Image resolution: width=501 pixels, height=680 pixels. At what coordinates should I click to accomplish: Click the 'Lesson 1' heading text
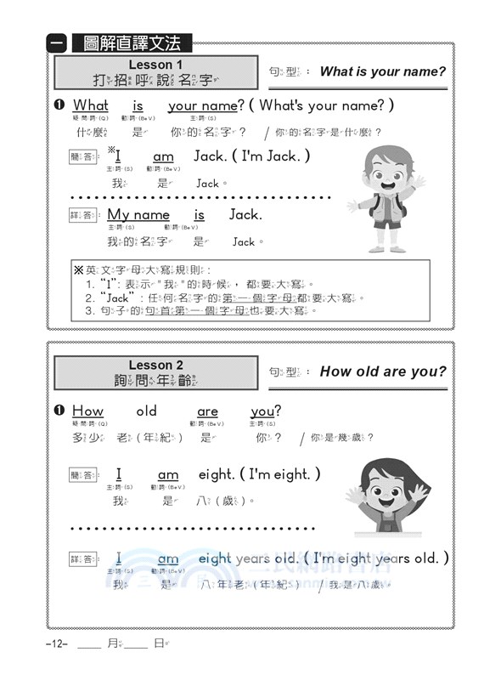[155, 65]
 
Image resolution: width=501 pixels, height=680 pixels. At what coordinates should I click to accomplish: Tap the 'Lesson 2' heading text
[155, 365]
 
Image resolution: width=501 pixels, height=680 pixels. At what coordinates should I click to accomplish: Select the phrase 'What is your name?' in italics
[382, 71]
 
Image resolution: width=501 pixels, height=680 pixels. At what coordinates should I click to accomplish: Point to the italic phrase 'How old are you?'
[382, 371]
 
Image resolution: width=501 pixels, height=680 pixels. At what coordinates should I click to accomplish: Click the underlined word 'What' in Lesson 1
[91, 106]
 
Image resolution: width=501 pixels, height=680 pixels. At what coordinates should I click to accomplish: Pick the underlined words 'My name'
[138, 215]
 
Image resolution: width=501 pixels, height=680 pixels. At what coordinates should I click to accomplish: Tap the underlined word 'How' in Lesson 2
[87, 411]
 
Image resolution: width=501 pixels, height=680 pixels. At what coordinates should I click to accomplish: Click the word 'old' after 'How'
[147, 411]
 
